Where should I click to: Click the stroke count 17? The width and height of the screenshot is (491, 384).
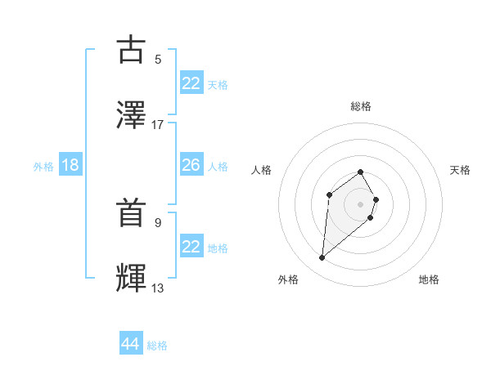(x=158, y=124)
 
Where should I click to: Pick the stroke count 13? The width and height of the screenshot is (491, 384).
(x=158, y=288)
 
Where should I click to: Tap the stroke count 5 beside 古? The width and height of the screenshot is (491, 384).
(x=158, y=59)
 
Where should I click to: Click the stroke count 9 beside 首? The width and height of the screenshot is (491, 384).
(x=158, y=221)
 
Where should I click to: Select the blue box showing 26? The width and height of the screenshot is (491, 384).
(x=191, y=165)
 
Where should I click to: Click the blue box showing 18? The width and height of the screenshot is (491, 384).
(x=70, y=165)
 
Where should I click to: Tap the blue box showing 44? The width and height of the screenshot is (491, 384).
(x=130, y=344)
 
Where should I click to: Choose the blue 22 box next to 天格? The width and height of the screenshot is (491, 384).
(x=191, y=83)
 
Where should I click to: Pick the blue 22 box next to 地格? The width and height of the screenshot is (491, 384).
(x=191, y=247)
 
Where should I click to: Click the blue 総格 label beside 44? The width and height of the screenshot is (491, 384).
(x=157, y=346)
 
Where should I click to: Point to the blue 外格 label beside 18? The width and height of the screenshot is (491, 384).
(x=43, y=167)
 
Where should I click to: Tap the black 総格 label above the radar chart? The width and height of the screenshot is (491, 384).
(x=360, y=106)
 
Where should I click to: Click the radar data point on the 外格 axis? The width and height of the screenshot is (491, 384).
(x=322, y=258)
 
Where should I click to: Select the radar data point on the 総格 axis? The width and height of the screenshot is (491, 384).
(x=360, y=172)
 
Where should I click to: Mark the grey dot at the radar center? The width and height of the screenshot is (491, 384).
(x=360, y=203)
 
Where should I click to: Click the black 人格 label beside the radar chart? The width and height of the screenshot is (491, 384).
(x=261, y=170)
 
